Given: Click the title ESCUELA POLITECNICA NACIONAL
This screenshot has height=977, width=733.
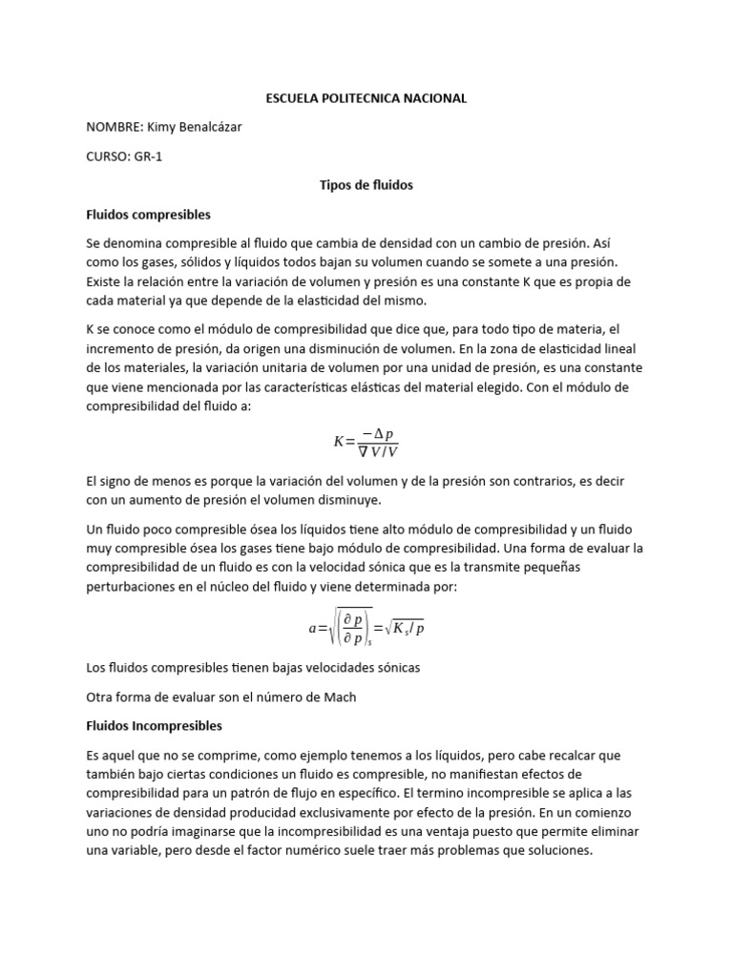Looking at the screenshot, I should coord(366,98).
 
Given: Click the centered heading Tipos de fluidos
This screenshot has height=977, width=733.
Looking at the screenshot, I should coord(366,185).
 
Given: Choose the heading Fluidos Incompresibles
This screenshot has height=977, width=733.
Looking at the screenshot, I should coord(154,726).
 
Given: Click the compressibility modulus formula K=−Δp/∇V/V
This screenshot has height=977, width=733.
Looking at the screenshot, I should coord(366,441).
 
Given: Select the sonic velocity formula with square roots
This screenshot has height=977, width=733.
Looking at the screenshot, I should coord(366,627).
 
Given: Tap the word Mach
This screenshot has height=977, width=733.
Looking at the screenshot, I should coord(338,697).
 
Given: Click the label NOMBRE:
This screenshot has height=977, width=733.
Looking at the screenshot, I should coord(114,127).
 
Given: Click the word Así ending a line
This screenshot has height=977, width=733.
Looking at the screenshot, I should coord(626,242).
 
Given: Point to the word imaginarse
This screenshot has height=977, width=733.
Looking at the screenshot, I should coord(211,833).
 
